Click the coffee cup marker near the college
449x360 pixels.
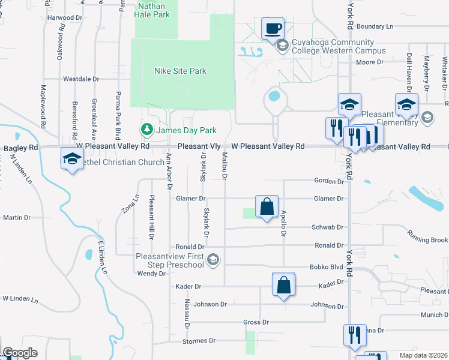click(x=273, y=28)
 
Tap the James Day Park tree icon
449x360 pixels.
click(x=146, y=129)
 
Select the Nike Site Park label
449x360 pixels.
click(x=180, y=71)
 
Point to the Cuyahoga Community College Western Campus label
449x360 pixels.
click(x=332, y=47)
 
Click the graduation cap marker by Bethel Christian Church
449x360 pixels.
click(x=72, y=160)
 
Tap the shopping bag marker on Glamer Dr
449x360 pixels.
click(x=266, y=206)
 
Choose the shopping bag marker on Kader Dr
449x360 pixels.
click(x=283, y=284)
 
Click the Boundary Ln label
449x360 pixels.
click(x=375, y=26)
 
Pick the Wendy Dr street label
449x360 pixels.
click(x=151, y=274)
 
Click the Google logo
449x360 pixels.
click(x=20, y=353)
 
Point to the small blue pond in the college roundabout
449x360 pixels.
click(x=274, y=95)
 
